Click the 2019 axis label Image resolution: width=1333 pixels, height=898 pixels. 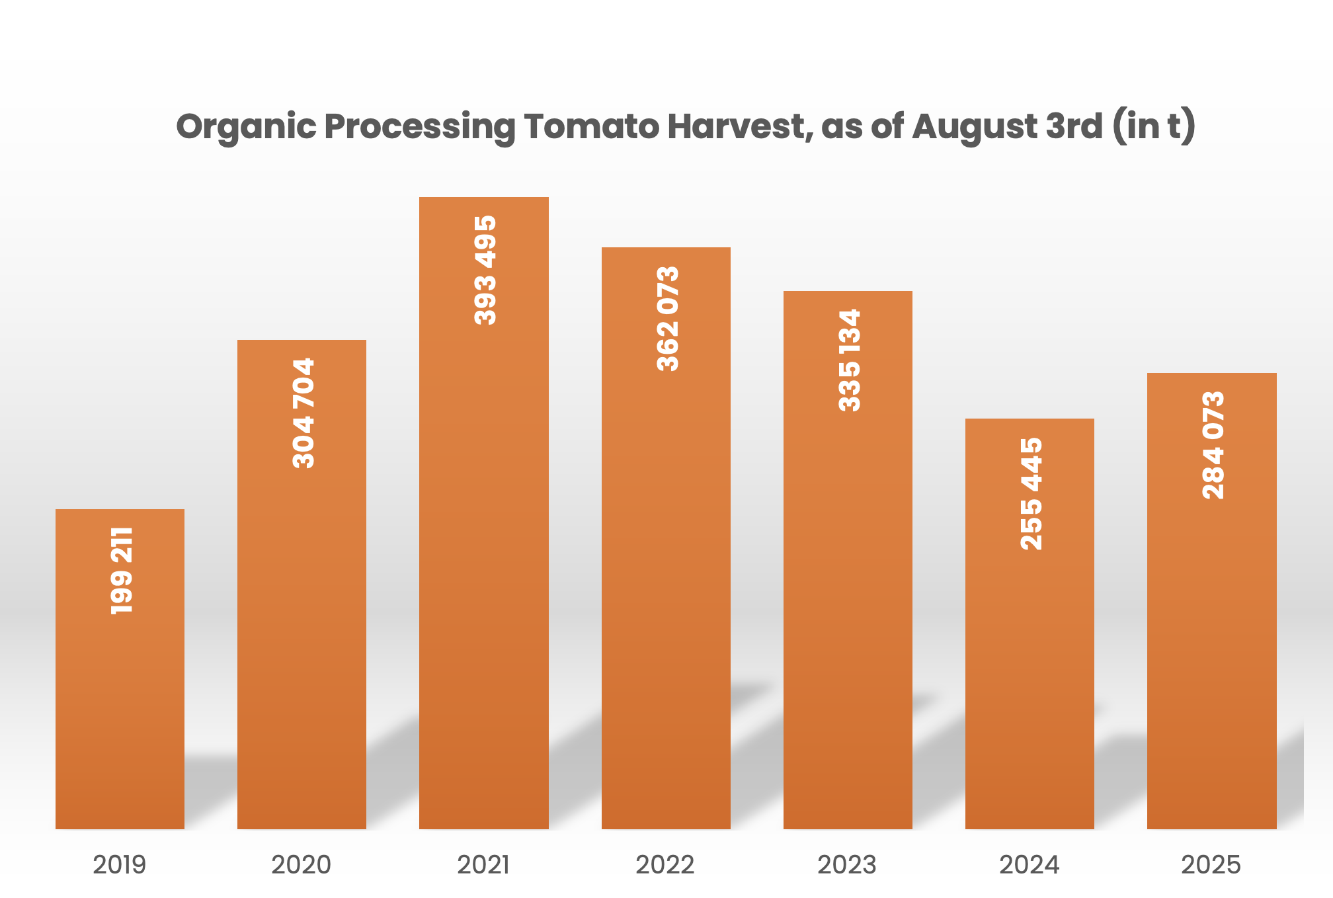(x=119, y=865)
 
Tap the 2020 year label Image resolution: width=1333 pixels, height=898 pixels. (x=301, y=865)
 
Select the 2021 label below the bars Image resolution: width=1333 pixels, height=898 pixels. (x=483, y=865)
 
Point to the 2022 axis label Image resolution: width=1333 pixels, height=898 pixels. (x=665, y=865)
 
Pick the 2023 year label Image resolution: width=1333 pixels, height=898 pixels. (x=847, y=865)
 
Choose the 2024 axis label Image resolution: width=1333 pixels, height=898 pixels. (x=1029, y=865)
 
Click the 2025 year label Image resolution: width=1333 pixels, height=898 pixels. (x=1211, y=865)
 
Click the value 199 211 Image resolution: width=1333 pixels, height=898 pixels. (x=122, y=571)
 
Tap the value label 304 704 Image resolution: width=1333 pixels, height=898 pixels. (x=303, y=413)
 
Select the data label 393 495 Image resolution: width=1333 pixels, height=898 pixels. (x=485, y=270)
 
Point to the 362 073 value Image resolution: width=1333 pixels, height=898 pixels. (x=668, y=318)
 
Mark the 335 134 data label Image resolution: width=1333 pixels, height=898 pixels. (x=850, y=360)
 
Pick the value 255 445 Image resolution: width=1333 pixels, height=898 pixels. (x=1031, y=493)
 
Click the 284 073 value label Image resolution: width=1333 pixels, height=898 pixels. (x=1213, y=445)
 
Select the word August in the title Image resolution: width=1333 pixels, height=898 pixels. (x=975, y=126)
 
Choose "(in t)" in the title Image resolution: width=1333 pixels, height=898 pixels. (x=1154, y=126)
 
